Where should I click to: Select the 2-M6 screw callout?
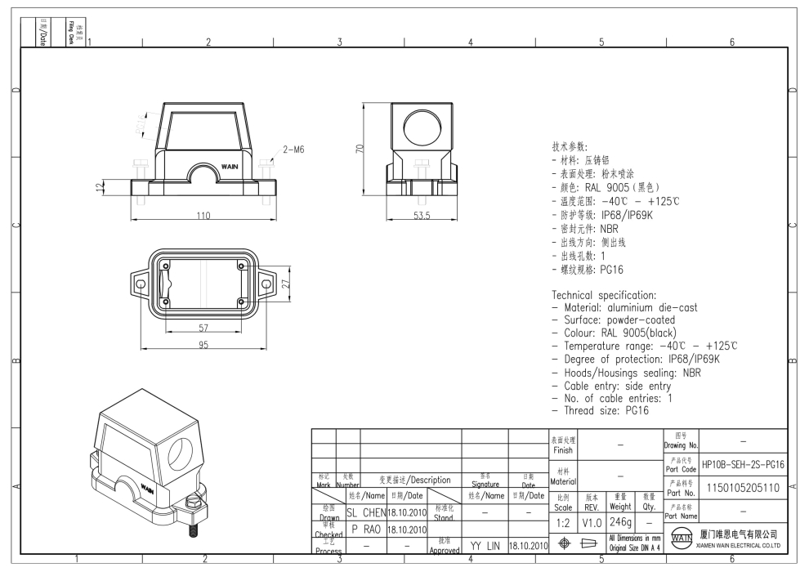pos(294,150)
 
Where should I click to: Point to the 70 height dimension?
pos(358,149)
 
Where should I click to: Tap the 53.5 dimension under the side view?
pos(421,216)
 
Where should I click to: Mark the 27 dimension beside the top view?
pos(286,283)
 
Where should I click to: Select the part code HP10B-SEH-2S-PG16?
pos(743,464)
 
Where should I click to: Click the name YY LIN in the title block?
pos(485,544)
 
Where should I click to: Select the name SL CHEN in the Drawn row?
pos(364,512)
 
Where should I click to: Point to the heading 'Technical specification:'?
pos(604,294)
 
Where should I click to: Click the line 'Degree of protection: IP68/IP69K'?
pos(641,359)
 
